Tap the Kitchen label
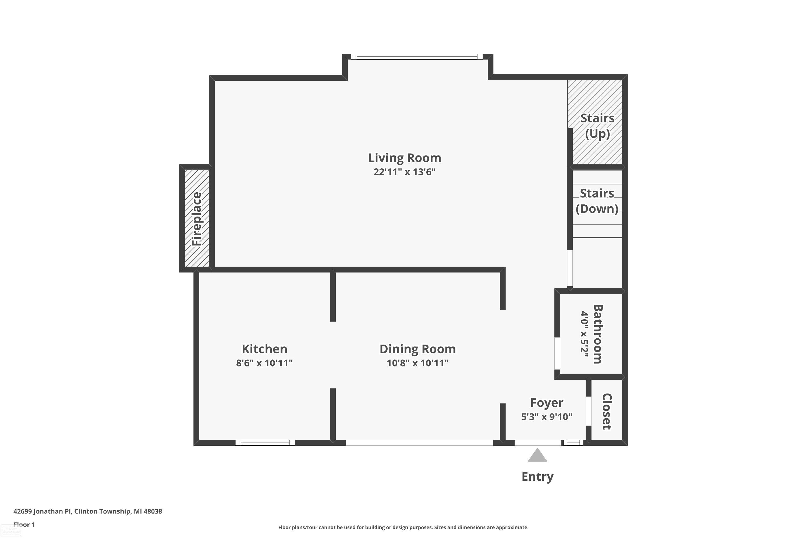pos(264,349)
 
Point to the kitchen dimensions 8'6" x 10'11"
pos(264,363)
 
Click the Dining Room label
pos(417,349)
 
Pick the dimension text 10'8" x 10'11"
pos(417,363)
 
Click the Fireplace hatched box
pos(197,218)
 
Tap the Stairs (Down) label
pos(597,201)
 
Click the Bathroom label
pos(597,334)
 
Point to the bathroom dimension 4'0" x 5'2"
pos(584,334)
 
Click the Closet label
pos(606,411)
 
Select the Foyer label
pos(546,402)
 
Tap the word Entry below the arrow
pos(537,477)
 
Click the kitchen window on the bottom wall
pos(265,443)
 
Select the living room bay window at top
pos(417,56)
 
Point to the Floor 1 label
pos(24,525)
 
